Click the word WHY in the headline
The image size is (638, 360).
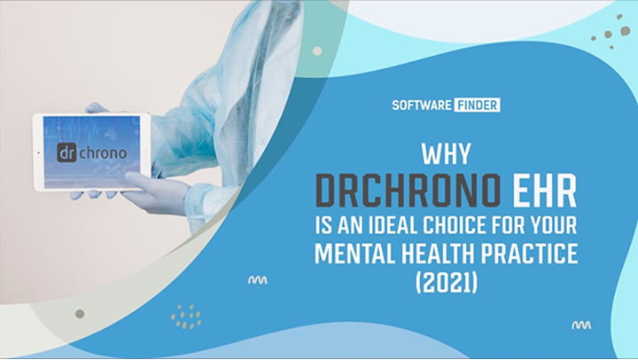446,154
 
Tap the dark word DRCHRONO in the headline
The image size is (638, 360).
408,191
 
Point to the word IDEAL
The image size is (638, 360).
393,225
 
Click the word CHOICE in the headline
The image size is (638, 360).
454,225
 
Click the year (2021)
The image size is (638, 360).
446,282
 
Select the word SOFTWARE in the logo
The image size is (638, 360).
422,105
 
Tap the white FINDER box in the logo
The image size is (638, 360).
477,105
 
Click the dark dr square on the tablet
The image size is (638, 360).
66,153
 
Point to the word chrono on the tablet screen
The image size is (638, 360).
103,153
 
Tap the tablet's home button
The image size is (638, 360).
39,153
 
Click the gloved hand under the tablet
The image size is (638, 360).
154,192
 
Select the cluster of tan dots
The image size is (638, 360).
186,317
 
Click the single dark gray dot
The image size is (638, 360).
80,314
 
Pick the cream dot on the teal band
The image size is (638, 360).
317,51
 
